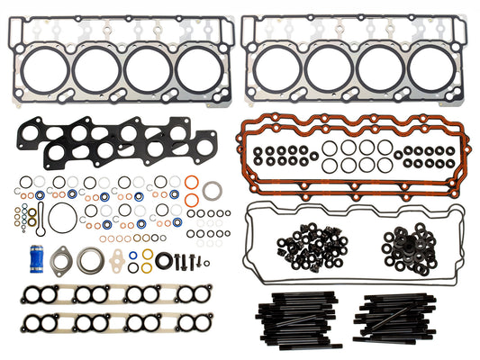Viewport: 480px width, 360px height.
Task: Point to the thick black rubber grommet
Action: click(164, 261)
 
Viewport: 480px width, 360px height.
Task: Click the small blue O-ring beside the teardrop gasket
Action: click(132, 255)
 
